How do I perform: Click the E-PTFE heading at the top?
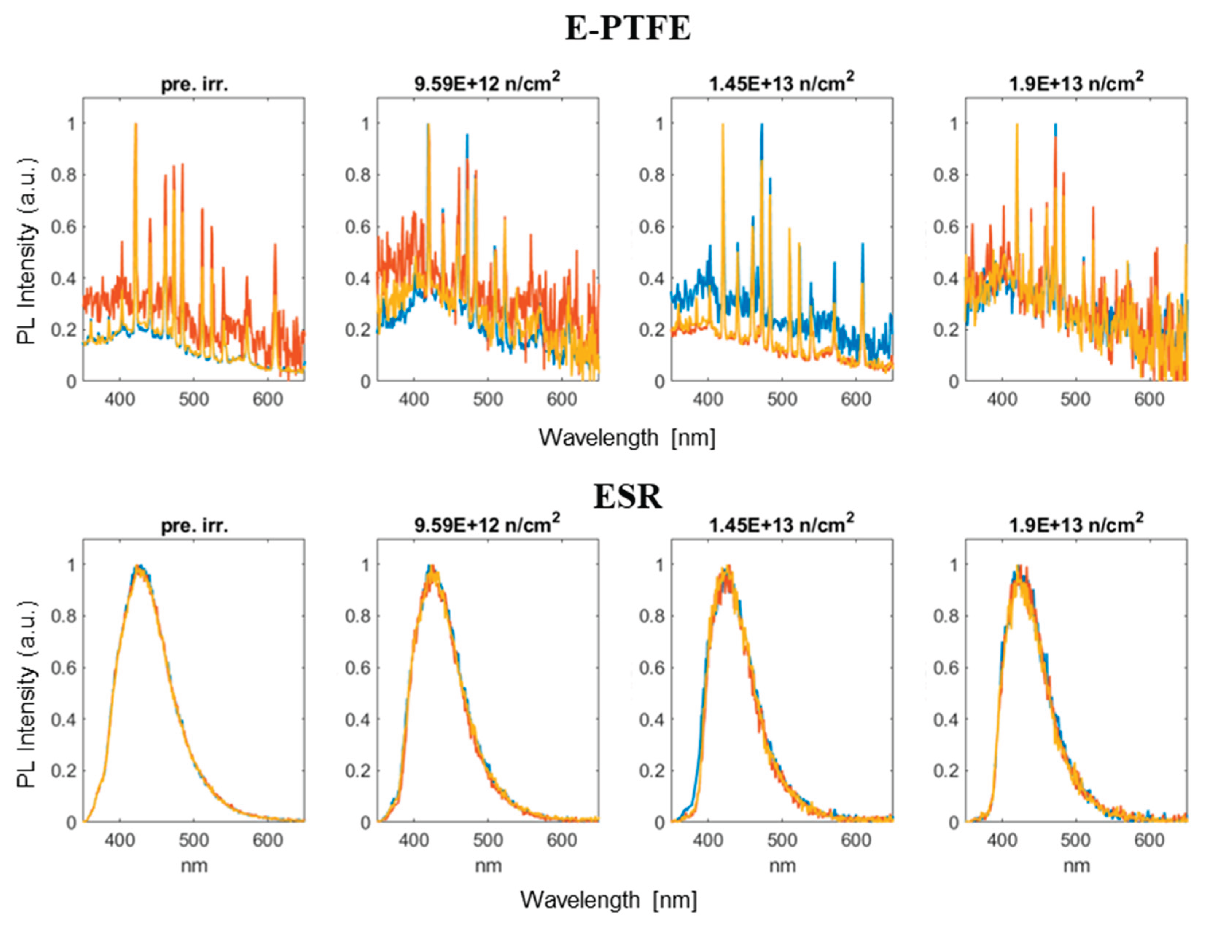627,29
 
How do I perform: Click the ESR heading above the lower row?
627,497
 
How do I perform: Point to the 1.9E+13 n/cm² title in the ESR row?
1076,524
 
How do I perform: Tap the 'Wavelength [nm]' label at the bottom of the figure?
608,900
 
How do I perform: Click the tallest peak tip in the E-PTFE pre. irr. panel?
135,124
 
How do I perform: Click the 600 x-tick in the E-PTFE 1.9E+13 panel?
1149,399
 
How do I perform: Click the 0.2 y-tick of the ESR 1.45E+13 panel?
651,771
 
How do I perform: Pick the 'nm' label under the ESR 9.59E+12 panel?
488,866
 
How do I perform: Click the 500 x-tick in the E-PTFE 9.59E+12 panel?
487,399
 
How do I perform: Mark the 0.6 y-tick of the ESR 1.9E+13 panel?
945,668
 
